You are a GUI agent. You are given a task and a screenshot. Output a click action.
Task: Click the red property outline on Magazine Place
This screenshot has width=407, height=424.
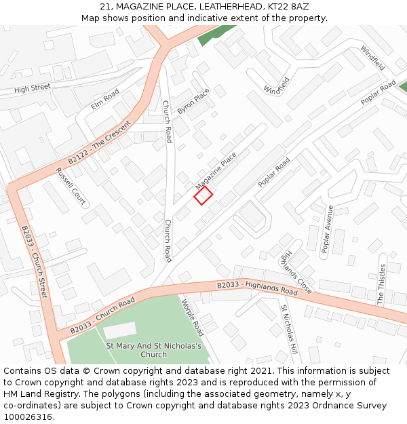203,195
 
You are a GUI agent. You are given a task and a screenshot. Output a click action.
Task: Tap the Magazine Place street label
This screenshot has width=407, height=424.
216,170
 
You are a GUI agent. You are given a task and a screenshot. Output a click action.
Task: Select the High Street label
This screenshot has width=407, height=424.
33,88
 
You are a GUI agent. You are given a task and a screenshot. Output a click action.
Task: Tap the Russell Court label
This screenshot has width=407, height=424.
71,187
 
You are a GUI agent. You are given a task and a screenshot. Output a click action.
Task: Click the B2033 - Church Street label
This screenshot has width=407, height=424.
35,262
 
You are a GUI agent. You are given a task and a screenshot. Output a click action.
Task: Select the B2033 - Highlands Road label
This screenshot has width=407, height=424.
257,288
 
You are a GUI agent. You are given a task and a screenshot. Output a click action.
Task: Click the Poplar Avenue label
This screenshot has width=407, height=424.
327,229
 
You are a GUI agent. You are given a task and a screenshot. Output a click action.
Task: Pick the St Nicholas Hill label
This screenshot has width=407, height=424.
290,330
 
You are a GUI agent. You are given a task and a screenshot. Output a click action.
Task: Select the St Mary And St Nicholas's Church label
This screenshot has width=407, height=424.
155,350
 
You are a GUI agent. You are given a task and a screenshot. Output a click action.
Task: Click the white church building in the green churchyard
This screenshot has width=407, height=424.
119,331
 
